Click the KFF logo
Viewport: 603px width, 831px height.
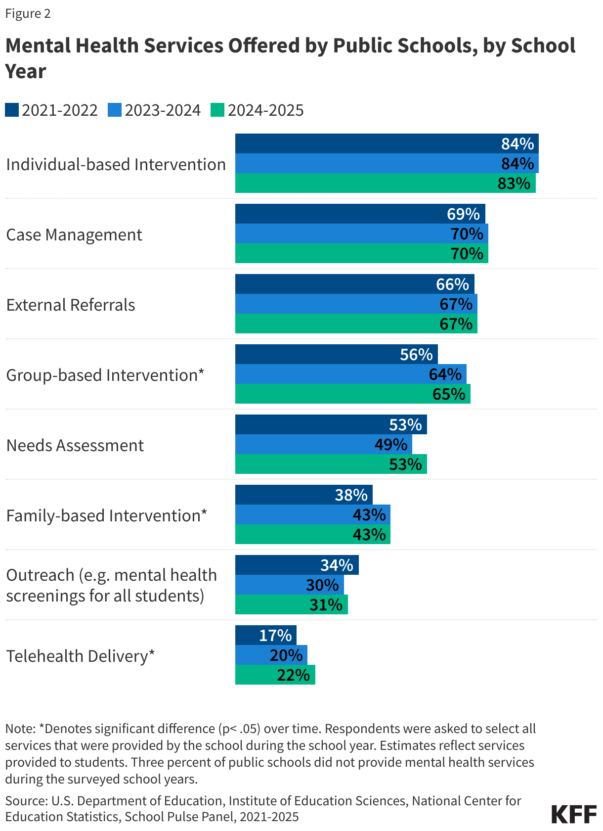pos(574,814)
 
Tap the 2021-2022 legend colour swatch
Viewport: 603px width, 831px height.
pos(12,110)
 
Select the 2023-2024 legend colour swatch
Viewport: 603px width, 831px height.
pos(115,110)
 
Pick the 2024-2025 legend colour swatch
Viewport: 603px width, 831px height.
pos(217,110)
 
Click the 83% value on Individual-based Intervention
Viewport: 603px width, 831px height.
pos(514,184)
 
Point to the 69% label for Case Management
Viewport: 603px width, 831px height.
pos(463,214)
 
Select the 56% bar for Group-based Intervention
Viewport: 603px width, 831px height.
pos(336,355)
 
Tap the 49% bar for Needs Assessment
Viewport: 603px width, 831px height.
pos(323,445)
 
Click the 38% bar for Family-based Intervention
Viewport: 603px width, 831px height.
pos(303,495)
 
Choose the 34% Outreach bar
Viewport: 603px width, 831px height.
pos(297,565)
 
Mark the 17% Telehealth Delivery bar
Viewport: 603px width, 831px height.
pos(265,636)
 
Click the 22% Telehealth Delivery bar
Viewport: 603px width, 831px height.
pos(275,675)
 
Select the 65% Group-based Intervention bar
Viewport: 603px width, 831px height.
pos(352,394)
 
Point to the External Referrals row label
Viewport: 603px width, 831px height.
pos(71,305)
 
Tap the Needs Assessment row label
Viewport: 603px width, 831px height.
pos(75,445)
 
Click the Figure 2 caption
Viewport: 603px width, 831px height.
pos(28,13)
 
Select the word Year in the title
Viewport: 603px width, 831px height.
pos(26,71)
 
